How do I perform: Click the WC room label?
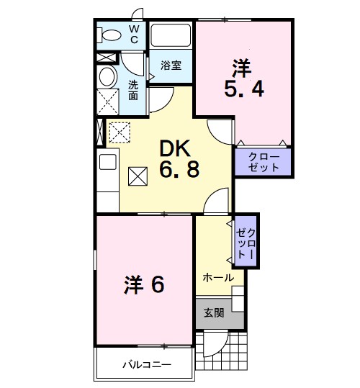134,33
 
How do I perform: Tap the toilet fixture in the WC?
111,34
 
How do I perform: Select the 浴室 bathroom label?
170,66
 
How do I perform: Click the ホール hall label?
217,277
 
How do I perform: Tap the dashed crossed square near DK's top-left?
118,132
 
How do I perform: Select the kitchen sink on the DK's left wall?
107,162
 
